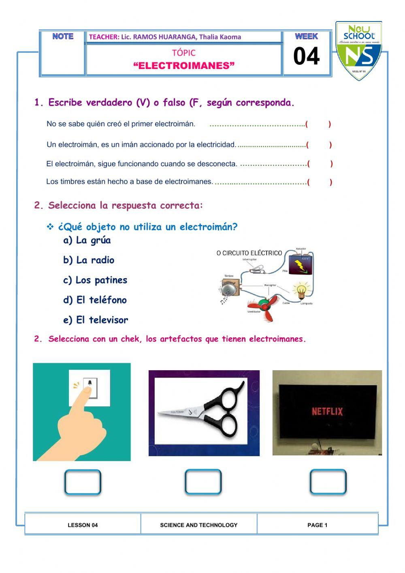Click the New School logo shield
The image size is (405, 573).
(x=358, y=51)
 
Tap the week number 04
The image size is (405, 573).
(x=306, y=56)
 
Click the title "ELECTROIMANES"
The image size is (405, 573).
(x=184, y=66)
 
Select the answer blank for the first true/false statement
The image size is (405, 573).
(x=318, y=124)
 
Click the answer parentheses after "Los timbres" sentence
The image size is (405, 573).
(x=320, y=182)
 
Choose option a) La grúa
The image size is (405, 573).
(x=87, y=240)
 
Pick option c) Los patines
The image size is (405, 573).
(x=95, y=280)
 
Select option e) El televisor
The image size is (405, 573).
(x=96, y=320)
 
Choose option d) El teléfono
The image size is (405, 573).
(x=95, y=300)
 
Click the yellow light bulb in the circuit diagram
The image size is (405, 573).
(x=301, y=290)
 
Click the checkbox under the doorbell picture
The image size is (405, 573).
(x=83, y=482)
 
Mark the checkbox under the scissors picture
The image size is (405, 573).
(x=203, y=482)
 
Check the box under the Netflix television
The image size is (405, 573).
(x=328, y=482)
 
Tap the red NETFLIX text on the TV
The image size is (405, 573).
(x=327, y=412)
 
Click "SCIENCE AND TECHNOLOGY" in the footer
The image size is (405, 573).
(x=198, y=525)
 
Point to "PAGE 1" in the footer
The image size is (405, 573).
(x=317, y=525)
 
